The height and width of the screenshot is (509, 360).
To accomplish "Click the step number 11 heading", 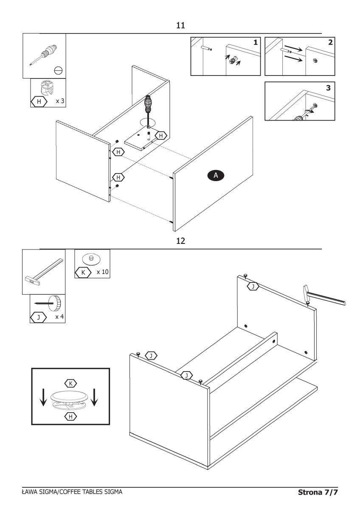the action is tap(180, 25).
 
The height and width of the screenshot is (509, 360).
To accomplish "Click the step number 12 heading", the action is tap(180, 241).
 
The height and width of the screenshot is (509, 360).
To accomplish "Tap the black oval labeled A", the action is tap(216, 176).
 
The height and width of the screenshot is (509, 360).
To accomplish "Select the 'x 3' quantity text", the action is tap(60, 101).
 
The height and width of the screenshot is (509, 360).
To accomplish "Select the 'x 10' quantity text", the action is tap(103, 272).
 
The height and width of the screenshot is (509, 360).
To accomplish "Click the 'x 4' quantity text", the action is tap(59, 316).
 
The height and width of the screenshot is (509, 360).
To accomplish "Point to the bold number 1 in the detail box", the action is tap(256, 42).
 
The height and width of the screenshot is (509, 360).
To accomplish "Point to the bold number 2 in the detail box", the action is tap(330, 42).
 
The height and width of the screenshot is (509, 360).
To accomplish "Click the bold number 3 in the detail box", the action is tap(328, 88).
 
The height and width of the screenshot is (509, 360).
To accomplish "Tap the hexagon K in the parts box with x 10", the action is tap(83, 272).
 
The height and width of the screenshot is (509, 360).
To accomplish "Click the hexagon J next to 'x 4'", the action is tap(39, 317).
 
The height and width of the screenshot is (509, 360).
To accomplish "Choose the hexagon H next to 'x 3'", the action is tap(39, 101).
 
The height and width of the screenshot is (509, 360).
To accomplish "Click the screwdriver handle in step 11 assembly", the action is tap(148, 104).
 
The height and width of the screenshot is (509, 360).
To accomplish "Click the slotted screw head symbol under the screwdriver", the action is tap(59, 71).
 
